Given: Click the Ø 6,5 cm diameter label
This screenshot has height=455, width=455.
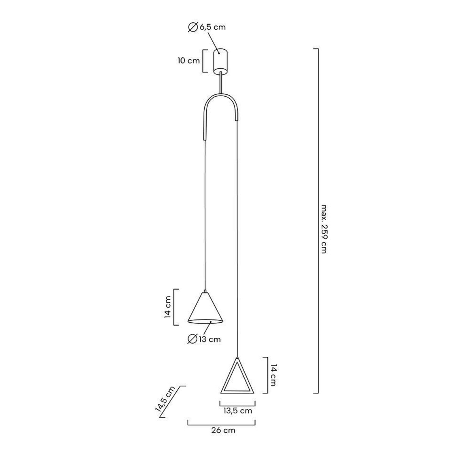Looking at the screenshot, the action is (207, 28).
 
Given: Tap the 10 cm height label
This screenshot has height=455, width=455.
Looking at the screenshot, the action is (189, 61).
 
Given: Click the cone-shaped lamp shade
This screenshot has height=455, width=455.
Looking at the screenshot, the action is (205, 308).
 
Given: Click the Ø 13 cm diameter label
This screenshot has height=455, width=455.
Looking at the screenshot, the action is (204, 339).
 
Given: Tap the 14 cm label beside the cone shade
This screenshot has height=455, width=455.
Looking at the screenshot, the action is (168, 307).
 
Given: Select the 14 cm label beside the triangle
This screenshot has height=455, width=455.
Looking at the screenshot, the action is (273, 375).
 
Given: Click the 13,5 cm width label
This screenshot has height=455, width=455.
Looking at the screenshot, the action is (238, 411).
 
